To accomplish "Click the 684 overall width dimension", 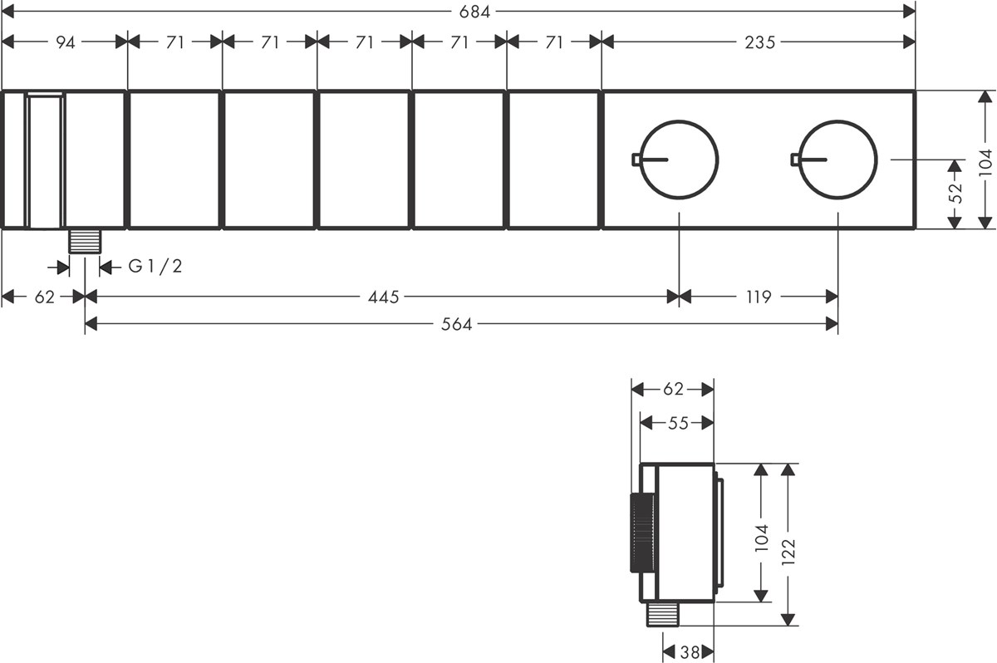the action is click(x=474, y=12).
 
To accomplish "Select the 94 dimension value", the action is click(x=66, y=42).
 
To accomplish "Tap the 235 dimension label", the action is click(x=759, y=42).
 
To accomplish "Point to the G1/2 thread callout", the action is click(x=155, y=267).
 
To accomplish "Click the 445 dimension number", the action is click(x=383, y=297).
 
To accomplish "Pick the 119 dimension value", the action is click(x=759, y=297).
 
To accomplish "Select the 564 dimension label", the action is click(x=456, y=324).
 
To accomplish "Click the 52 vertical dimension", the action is click(x=955, y=187).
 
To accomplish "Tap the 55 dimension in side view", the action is click(x=678, y=423).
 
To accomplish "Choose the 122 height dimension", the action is click(x=788, y=552).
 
